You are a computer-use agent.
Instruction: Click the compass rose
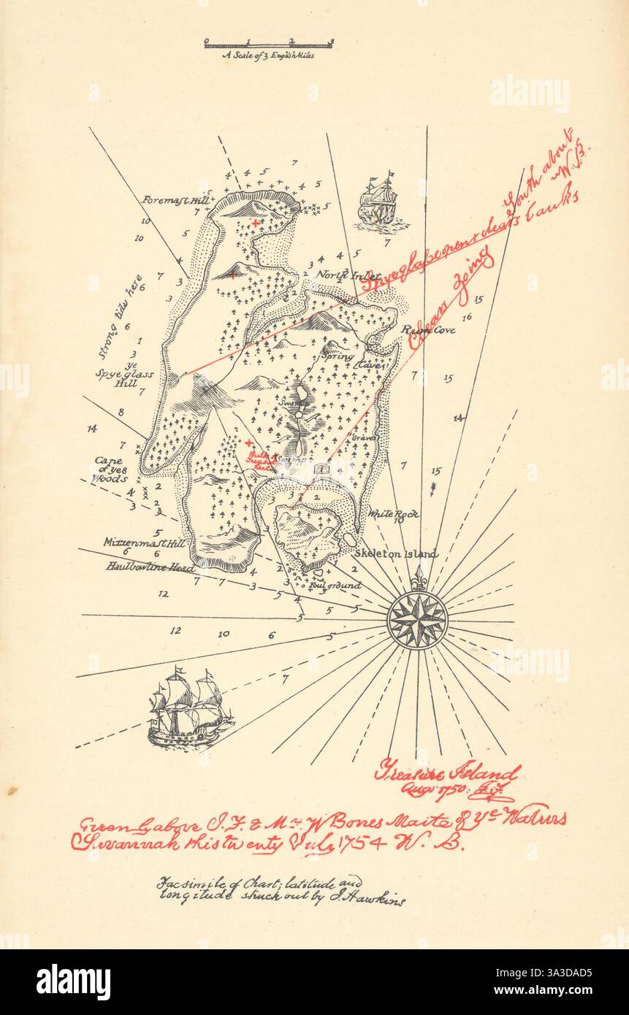pos(417,619)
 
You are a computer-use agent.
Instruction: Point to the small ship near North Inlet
pos(377,199)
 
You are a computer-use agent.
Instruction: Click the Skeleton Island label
pos(397,554)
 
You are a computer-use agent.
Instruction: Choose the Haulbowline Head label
pos(150,567)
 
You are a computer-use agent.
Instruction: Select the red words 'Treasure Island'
pos(446,773)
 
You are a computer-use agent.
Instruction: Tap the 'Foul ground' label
pos(334,586)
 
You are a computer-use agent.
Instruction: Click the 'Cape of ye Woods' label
pos(110,470)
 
